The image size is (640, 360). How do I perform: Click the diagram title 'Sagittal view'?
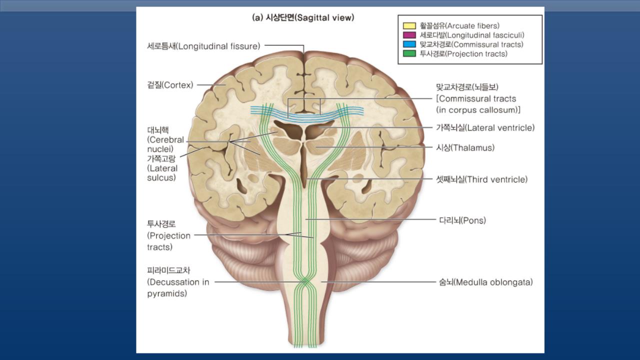303,17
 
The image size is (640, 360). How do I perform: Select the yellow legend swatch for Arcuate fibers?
409,25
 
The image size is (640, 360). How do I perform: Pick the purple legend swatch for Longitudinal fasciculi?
409,35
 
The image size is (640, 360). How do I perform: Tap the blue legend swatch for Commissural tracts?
409,44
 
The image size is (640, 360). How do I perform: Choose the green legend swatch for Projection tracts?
409,54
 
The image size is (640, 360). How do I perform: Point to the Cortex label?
170,85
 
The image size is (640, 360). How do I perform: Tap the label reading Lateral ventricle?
485,127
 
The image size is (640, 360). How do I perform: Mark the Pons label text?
462,220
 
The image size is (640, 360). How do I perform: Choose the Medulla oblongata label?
485,282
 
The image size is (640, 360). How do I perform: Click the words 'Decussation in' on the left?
178,282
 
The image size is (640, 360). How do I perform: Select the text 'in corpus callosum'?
478,109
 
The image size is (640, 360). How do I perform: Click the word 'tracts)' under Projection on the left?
159,247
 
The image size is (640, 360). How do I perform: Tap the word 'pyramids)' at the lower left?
167,293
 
